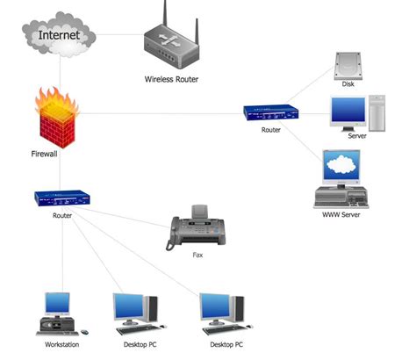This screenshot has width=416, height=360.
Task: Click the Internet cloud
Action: point(57,36)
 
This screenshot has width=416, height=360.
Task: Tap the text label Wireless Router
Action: point(171,79)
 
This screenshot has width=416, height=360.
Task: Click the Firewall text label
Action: point(45,154)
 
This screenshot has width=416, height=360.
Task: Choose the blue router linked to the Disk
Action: point(271,112)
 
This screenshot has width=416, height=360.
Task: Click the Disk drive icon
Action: point(348,65)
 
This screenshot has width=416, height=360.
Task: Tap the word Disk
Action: point(348,86)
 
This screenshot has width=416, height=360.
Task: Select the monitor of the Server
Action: point(348,112)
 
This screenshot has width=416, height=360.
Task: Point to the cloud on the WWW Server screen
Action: point(341,166)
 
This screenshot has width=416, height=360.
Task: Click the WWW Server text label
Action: point(341,214)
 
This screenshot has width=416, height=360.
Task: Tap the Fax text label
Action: point(197,256)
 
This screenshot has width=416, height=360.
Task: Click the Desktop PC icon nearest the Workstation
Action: point(135,314)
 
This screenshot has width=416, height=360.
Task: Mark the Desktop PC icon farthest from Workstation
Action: point(221,314)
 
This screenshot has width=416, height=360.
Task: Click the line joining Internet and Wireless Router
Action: point(118,36)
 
